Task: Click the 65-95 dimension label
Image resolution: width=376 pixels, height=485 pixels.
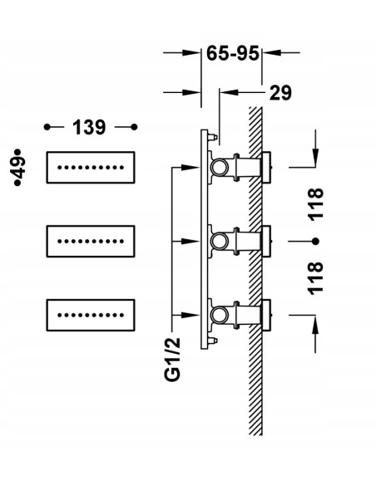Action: point(232,53)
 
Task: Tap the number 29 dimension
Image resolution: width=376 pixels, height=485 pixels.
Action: point(280,92)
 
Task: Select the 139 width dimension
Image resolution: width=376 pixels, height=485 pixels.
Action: point(89,127)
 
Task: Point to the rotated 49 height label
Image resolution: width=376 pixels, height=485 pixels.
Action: point(19,167)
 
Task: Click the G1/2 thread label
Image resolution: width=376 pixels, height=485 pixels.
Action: point(172,359)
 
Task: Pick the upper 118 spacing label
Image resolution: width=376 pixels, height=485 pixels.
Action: point(315,204)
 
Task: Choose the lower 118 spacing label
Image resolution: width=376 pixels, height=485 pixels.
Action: point(315,278)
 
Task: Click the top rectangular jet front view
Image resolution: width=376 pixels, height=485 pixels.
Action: point(91,167)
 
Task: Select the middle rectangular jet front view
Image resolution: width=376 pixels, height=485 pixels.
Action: point(91,242)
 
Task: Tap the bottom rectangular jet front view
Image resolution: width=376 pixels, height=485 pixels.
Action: point(91,316)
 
